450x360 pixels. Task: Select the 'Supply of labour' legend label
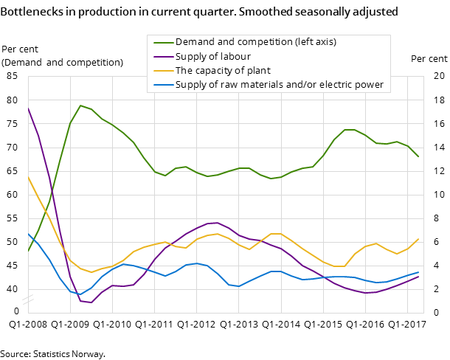212,56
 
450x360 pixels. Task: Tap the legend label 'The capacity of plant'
223,71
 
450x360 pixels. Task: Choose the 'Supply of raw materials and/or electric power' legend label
279,85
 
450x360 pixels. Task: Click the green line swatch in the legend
162,42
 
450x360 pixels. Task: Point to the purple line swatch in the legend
162,56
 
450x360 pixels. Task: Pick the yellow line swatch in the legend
162,71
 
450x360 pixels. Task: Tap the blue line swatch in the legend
162,85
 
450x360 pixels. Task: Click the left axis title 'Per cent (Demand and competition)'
63,55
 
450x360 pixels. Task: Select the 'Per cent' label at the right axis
429,59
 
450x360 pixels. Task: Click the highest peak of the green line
80,105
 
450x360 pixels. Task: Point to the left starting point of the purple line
28,108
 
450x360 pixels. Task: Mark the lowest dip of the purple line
91,302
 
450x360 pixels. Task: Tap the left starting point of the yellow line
28,177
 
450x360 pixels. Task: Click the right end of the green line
418,156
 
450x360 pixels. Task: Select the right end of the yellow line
418,239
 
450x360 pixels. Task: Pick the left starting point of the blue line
28,233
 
